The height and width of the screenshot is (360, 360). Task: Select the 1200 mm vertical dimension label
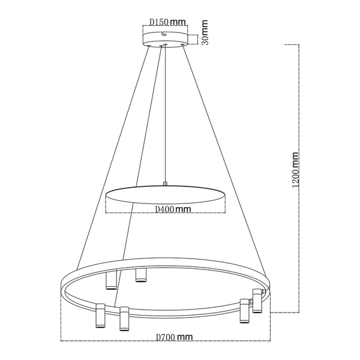pos(295,170)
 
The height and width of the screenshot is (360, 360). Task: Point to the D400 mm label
pos(173,209)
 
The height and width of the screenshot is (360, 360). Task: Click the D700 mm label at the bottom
pos(173,338)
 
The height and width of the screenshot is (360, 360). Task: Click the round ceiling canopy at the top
pos(165,40)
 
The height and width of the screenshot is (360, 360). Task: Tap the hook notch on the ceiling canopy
pos(163,43)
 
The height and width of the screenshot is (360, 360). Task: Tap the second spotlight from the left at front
pos(124,318)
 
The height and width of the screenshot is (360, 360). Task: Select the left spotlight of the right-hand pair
pos(244,310)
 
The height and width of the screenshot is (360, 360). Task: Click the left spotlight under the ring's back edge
pos(110,280)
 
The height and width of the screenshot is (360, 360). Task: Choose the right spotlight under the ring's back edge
pos(140,275)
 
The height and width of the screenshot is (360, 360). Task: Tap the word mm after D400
pos(184,209)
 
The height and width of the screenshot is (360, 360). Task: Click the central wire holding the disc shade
pos(165,114)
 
